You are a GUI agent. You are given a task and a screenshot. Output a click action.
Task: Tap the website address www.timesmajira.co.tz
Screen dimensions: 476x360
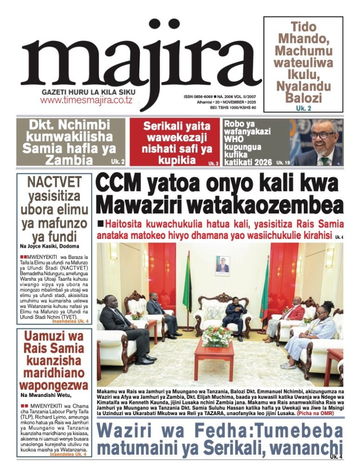pos(86,100)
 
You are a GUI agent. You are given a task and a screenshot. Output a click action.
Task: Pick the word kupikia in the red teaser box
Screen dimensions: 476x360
pos(177,160)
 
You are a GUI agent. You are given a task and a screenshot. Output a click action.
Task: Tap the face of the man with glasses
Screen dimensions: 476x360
pos(321,135)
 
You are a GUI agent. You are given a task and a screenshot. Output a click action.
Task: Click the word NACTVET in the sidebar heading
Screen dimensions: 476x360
pos(54,182)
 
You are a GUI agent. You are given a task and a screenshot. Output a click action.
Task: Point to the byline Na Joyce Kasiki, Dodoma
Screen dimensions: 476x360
pos(49,246)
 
